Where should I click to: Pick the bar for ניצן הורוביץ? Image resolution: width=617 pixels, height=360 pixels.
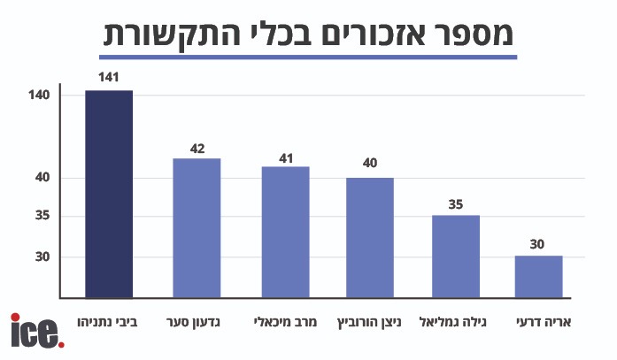369,237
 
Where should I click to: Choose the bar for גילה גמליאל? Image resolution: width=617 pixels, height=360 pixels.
455,256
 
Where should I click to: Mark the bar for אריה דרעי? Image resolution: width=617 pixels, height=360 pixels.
538,276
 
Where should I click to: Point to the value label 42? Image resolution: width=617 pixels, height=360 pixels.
197,148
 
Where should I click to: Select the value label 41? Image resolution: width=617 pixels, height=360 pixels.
285,156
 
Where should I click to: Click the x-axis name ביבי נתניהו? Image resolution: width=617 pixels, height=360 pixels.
108,320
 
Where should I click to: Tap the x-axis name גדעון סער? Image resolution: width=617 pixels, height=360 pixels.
196,320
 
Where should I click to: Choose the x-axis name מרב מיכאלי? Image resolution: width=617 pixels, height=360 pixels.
285,320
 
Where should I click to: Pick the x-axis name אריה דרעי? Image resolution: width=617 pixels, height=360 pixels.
538,320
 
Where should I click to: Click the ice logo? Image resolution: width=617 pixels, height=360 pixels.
36,331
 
